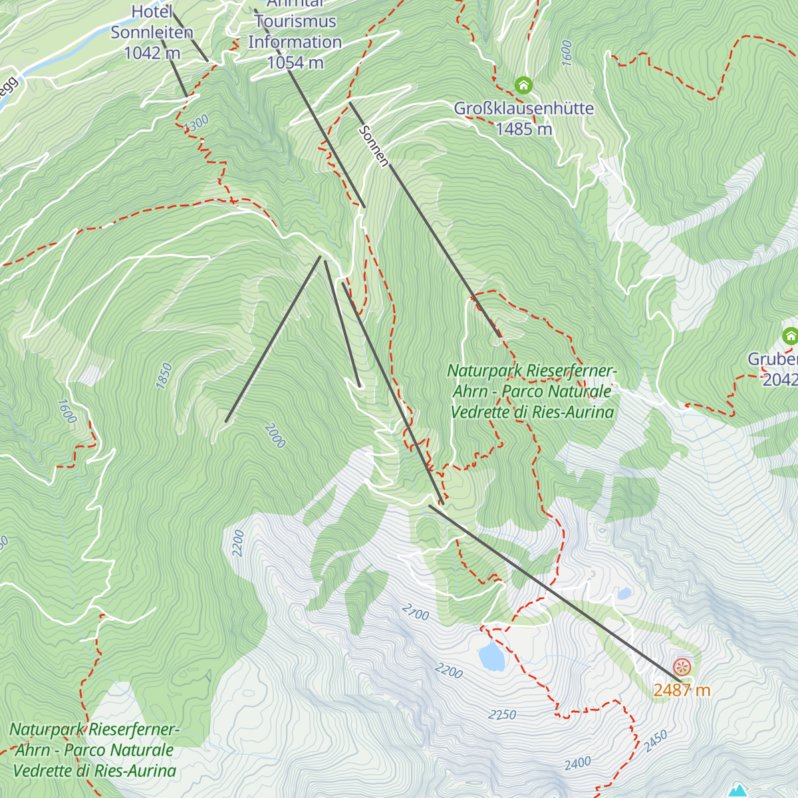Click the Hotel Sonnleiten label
(x=152, y=22)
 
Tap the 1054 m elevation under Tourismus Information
(x=295, y=63)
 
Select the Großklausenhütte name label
(x=523, y=108)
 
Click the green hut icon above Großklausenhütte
(x=523, y=85)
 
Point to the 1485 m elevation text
(x=523, y=129)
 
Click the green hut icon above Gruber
(x=790, y=336)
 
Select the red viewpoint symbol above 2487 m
(x=682, y=666)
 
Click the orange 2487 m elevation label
(x=682, y=690)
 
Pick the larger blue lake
(x=491, y=656)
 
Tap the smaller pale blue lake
(x=624, y=593)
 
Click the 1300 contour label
(x=197, y=123)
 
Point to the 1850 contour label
(x=164, y=376)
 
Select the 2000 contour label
(x=275, y=436)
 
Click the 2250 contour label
(x=502, y=715)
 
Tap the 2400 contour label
(x=577, y=763)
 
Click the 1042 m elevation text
(x=152, y=53)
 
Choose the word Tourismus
(x=295, y=21)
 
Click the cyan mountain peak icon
(x=737, y=791)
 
